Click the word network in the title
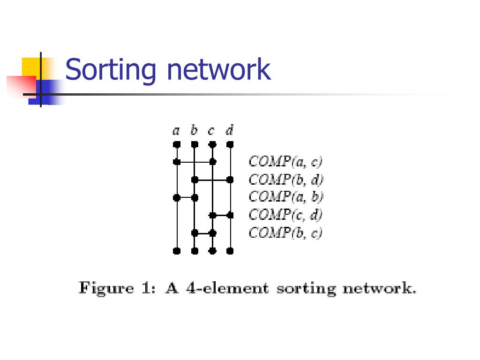219,69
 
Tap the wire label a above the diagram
176,131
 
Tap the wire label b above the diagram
194,130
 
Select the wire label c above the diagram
212,131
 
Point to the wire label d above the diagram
230,130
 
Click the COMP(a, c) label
285,162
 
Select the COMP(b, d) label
286,180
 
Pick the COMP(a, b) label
286,197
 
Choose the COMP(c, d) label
285,215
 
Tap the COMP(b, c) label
285,232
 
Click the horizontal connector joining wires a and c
195,162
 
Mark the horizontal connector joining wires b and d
212,180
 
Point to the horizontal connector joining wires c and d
221,215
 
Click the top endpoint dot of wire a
177,144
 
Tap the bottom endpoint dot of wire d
230,251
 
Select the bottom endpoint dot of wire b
195,251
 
